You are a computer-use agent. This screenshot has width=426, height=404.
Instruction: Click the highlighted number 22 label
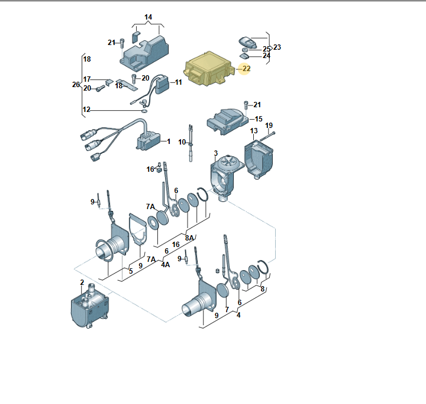click(x=246, y=69)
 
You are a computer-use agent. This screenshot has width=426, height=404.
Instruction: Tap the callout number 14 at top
click(x=149, y=17)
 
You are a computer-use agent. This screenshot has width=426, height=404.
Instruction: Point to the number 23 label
click(x=277, y=47)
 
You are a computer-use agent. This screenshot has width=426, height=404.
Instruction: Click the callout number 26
click(x=76, y=85)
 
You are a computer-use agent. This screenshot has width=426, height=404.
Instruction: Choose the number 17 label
click(x=87, y=79)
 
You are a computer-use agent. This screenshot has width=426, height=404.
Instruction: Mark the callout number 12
click(x=86, y=110)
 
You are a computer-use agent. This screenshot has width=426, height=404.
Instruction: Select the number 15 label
click(x=258, y=119)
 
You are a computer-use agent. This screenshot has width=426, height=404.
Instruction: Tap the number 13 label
click(x=254, y=130)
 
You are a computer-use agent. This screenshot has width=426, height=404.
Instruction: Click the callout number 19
click(x=269, y=126)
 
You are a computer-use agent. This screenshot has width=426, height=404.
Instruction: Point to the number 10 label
click(x=183, y=142)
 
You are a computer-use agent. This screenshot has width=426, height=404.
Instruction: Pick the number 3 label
click(x=216, y=153)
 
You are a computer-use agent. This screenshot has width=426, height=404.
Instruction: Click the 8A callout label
click(x=189, y=238)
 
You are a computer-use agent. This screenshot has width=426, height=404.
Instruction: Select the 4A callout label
click(x=166, y=265)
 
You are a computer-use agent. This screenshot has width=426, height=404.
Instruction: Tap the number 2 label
click(x=82, y=283)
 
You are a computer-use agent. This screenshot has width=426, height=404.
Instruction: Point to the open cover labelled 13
click(x=261, y=157)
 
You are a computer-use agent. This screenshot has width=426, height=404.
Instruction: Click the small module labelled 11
click(x=161, y=86)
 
